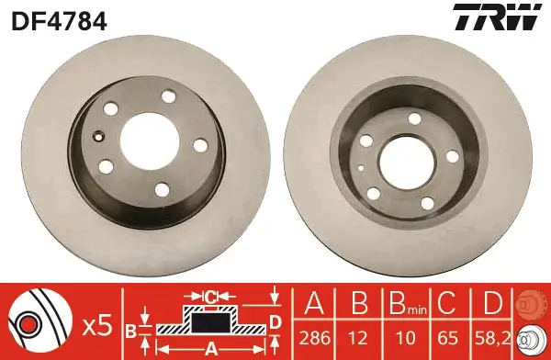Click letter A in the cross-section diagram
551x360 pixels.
[210, 347]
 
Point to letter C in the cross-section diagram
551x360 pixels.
[210, 297]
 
